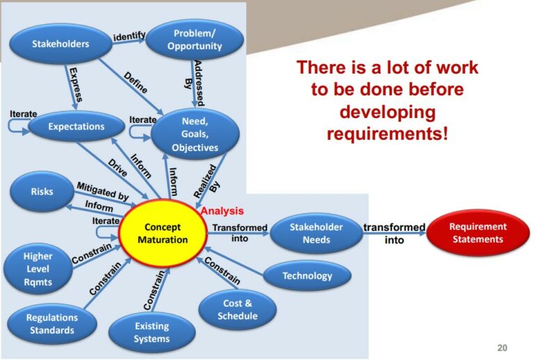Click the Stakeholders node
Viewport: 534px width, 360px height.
(x=60, y=44)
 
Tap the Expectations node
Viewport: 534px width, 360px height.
(x=76, y=127)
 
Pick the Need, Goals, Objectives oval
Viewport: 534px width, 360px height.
(x=195, y=134)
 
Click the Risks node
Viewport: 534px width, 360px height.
(x=42, y=191)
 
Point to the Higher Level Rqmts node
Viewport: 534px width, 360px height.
(x=38, y=268)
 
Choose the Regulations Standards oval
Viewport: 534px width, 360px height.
(x=53, y=323)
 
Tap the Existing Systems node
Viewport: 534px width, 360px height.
(x=152, y=332)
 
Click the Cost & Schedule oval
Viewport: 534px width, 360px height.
(x=237, y=309)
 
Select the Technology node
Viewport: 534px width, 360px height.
(x=307, y=276)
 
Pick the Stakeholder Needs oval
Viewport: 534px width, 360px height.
(x=316, y=234)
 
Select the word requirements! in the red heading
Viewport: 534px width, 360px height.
(x=387, y=132)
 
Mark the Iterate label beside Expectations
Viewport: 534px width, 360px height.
(x=24, y=114)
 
